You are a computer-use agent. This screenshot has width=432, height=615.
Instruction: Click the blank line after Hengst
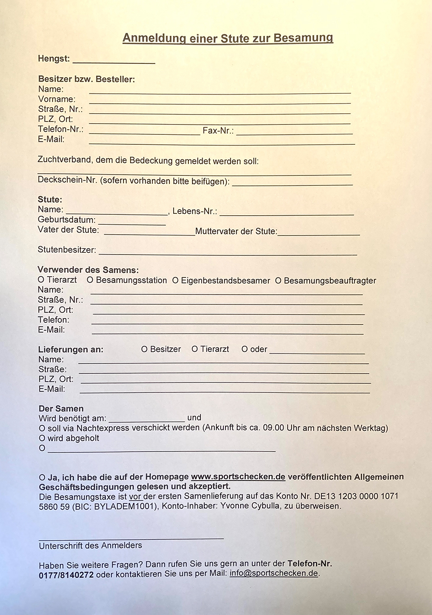[x=114, y=61]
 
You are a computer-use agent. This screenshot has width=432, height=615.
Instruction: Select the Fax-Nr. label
[x=218, y=131]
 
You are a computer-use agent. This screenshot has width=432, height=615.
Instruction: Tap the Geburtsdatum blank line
[x=132, y=223]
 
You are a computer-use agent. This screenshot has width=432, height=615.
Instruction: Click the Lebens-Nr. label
[x=194, y=211]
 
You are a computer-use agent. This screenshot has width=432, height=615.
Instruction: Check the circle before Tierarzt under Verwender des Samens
[x=41, y=280]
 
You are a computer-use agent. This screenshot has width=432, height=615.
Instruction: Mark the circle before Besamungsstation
[x=90, y=280]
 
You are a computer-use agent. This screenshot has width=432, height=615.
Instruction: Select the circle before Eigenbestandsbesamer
[x=175, y=281]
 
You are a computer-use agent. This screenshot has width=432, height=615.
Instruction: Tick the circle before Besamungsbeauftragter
[x=278, y=281]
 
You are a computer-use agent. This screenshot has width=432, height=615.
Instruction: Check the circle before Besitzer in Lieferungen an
[x=144, y=349]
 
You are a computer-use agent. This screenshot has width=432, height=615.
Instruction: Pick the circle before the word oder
[x=245, y=349]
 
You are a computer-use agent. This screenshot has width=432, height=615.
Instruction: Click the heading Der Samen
[x=61, y=408]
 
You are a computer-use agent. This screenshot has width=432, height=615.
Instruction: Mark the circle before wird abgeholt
[x=42, y=438]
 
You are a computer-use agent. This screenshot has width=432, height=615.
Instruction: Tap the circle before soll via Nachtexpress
[x=42, y=428]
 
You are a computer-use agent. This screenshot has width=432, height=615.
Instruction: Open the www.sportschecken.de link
[x=238, y=477]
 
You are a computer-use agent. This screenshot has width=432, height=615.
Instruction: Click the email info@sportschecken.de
[x=274, y=574]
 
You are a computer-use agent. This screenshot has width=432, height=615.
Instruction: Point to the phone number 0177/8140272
[x=66, y=575]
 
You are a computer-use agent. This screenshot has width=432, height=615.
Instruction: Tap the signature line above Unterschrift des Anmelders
[x=131, y=538]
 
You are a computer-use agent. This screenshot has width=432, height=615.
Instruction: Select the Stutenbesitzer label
[x=67, y=250]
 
